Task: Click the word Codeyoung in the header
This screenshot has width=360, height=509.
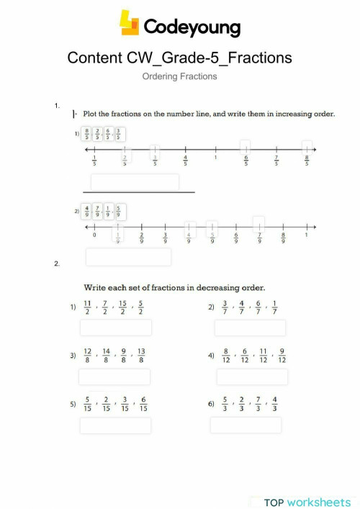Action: (192, 27)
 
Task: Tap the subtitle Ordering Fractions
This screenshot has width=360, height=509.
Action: (179, 76)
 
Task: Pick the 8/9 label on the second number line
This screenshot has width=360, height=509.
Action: (283, 238)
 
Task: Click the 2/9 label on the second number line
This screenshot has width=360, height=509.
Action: (142, 238)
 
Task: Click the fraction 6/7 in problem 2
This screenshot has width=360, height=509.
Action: (258, 307)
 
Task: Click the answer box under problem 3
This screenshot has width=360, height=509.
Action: (114, 377)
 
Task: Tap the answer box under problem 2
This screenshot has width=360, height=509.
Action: (250, 328)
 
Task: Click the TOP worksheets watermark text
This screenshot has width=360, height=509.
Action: (307, 502)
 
